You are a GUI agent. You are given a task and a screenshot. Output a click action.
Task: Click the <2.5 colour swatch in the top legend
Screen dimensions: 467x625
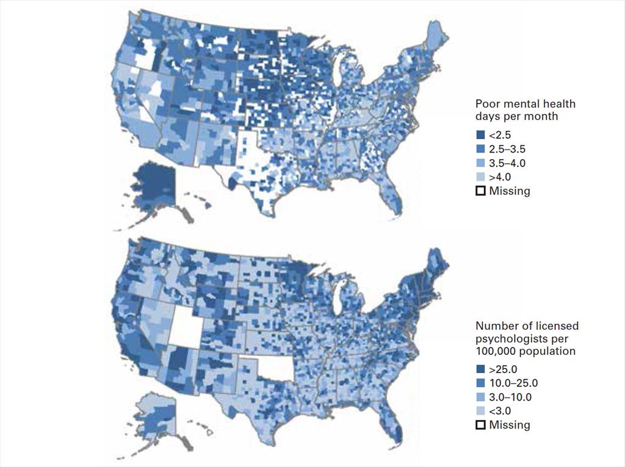point(480,135)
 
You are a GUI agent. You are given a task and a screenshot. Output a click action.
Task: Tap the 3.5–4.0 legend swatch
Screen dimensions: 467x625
point(480,163)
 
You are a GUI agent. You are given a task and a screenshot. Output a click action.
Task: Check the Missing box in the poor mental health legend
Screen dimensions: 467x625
point(480,191)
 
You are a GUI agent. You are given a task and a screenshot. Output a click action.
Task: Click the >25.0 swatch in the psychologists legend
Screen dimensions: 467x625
point(480,369)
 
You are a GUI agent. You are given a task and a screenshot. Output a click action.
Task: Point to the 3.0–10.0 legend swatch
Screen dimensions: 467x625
point(480,397)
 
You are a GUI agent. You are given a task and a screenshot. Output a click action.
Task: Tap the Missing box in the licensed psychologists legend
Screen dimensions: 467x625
point(480,425)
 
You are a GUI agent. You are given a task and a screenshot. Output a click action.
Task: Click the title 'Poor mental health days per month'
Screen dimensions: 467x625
point(525,110)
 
